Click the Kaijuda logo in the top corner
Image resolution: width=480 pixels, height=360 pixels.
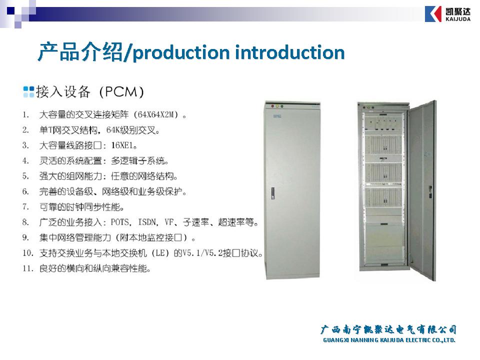click(447, 14)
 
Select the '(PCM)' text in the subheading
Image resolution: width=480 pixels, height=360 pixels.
click(121, 92)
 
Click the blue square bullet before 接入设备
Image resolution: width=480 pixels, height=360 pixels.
click(29, 92)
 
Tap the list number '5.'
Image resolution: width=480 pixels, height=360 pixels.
click(25, 176)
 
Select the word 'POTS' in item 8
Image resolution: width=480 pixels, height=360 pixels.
click(119, 222)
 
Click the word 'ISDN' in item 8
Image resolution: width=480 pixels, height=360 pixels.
click(147, 222)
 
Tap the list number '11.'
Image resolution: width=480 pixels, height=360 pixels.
click(27, 268)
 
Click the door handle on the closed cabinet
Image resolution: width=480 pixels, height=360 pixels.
click(272, 193)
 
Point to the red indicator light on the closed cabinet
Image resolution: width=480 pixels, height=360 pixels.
click(272, 106)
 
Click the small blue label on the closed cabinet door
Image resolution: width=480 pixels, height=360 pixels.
click(277, 116)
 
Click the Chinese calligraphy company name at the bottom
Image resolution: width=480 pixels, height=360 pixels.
click(388, 329)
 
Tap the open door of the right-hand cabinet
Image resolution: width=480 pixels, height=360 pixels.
click(422, 190)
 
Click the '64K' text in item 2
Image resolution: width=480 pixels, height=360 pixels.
click(112, 130)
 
